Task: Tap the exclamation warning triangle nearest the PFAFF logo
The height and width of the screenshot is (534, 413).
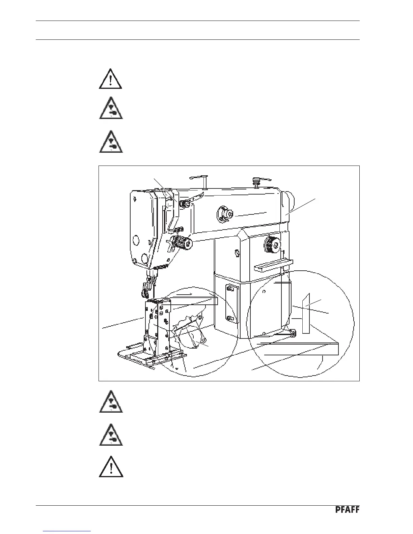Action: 111,467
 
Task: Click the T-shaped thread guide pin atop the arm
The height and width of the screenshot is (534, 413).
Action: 203,179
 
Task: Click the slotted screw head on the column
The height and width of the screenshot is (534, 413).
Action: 237,251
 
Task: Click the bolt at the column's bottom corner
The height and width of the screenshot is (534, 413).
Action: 292,333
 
